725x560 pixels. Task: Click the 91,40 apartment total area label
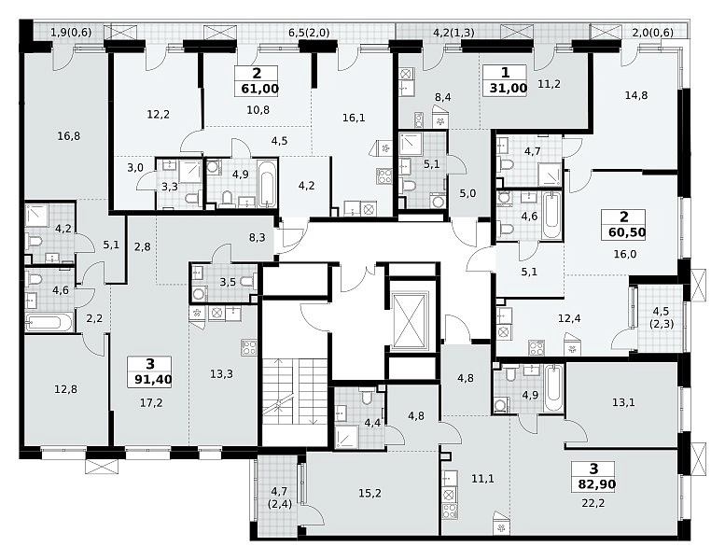click(153, 380)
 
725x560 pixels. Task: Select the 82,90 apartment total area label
click(596, 484)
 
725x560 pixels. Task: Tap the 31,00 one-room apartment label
click(509, 88)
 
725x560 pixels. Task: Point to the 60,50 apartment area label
click(627, 232)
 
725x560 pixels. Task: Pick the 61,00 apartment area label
click(259, 88)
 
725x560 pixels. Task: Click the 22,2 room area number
click(593, 503)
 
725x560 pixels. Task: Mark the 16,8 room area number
click(69, 136)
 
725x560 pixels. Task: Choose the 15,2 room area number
click(369, 493)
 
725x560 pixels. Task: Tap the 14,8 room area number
click(636, 95)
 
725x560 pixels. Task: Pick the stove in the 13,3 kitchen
click(249, 347)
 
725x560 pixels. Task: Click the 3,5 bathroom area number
click(228, 282)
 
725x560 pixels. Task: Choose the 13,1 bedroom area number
click(623, 402)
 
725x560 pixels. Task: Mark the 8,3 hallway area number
click(258, 238)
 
